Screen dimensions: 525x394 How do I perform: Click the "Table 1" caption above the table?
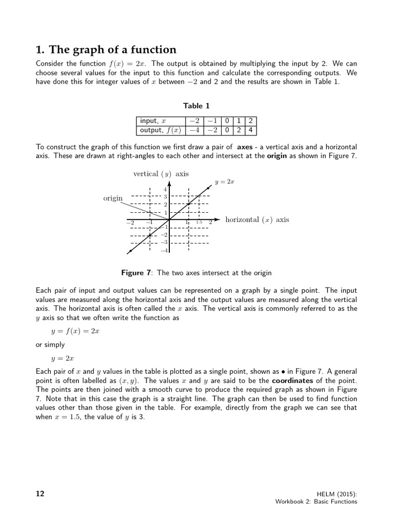pyautogui.click(x=197, y=106)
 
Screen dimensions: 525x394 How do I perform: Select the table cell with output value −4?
pyautogui.click(x=194, y=130)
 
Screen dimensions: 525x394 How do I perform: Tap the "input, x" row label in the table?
pyautogui.click(x=153, y=122)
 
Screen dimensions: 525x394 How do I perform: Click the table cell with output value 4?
pyautogui.click(x=250, y=130)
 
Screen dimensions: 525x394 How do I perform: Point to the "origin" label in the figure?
pyautogui.click(x=113, y=198)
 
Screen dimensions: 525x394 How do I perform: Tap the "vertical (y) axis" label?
pyautogui.click(x=161, y=174)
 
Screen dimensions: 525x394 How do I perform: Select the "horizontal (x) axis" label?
pyautogui.click(x=258, y=220)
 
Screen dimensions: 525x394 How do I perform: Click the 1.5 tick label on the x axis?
pyautogui.click(x=199, y=223)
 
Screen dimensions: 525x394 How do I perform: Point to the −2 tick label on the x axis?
pyautogui.click(x=130, y=223)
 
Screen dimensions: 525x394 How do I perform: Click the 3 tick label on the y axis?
pyautogui.click(x=165, y=196)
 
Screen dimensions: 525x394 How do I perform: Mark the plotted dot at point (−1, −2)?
pyautogui.click(x=149, y=235)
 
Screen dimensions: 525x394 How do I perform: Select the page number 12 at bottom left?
pyautogui.click(x=40, y=494)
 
